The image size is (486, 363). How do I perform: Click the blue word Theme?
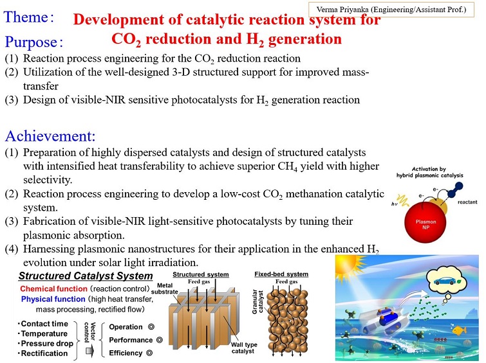pos(26,17)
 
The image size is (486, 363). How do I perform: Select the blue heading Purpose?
pos(31,42)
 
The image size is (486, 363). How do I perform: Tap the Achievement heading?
pos(50,136)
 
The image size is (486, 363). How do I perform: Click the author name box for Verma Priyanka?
pos(391,10)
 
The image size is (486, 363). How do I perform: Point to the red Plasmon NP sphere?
pos(425,222)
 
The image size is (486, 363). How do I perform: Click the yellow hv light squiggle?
pos(402,200)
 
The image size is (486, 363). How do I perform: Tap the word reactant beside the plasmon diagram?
pos(467,202)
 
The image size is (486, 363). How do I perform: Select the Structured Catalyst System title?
pos(86,276)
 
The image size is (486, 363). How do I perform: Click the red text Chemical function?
pos(53,288)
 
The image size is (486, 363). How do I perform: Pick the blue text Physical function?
pos(53,299)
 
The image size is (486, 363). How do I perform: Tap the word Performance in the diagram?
pos(131,340)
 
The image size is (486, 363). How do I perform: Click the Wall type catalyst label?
pos(244,348)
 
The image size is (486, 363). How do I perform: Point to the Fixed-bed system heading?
pos(281,274)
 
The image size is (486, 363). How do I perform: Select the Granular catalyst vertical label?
pos(257,302)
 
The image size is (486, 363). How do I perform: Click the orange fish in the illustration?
pos(460,330)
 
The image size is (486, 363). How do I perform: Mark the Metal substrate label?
pos(165,288)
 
